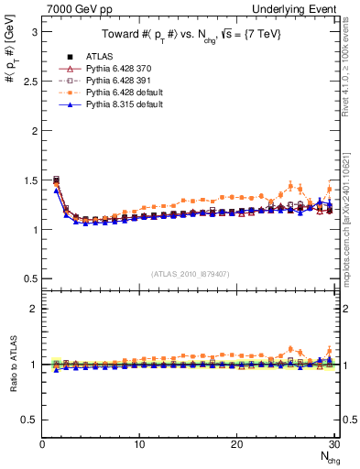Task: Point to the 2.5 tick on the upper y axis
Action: [29, 81]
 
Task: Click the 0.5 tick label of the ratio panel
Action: [29, 420]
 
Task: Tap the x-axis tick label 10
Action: [139, 445]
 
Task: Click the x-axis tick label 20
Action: [237, 445]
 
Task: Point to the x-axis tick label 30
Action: [333, 445]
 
